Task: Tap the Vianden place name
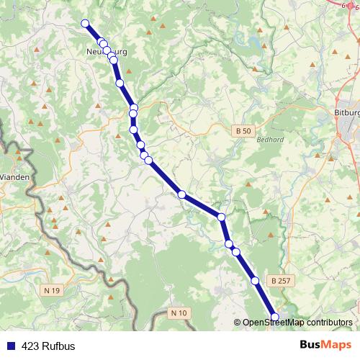click(x=14, y=176)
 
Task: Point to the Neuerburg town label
click(x=106, y=51)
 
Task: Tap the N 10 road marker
click(x=179, y=312)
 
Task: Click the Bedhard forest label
click(x=268, y=140)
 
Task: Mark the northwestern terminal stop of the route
click(x=85, y=23)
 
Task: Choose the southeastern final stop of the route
click(x=274, y=317)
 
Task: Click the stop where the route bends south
click(x=221, y=217)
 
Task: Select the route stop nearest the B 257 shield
click(x=255, y=280)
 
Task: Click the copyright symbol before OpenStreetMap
click(x=238, y=323)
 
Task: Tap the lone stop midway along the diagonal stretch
click(x=182, y=194)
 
